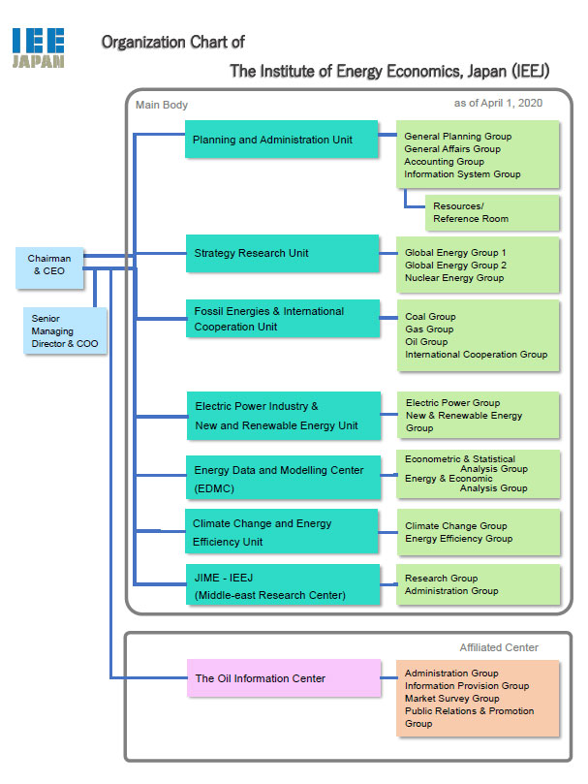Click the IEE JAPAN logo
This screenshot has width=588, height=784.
39,47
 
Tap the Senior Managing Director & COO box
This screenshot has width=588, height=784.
65,330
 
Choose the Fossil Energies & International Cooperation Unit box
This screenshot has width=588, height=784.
282,319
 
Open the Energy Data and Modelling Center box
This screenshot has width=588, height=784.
282,478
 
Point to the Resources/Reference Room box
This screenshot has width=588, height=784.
492,212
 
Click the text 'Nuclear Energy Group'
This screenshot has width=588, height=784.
454,278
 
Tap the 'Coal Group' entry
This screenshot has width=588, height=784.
430,317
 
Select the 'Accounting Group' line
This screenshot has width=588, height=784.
444,162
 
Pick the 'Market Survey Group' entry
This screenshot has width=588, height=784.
451,699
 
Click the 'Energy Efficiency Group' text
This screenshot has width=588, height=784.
458,539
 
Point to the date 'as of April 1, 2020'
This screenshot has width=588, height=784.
498,103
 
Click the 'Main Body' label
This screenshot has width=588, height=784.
162,105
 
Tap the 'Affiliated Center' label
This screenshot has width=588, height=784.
499,647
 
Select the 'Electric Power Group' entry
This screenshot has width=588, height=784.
452,403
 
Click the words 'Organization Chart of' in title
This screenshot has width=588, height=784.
172,42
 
